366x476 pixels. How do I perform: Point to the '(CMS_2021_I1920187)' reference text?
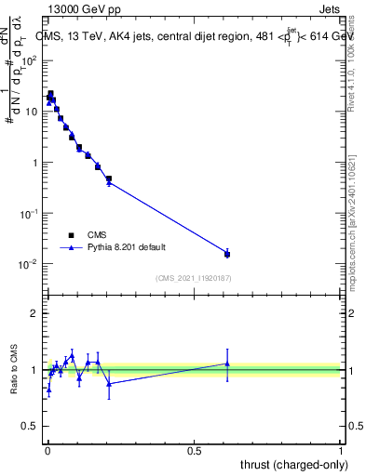click(x=193, y=278)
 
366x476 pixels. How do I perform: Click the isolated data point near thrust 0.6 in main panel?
click(x=227, y=254)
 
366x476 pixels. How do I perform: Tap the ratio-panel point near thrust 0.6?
click(x=227, y=364)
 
